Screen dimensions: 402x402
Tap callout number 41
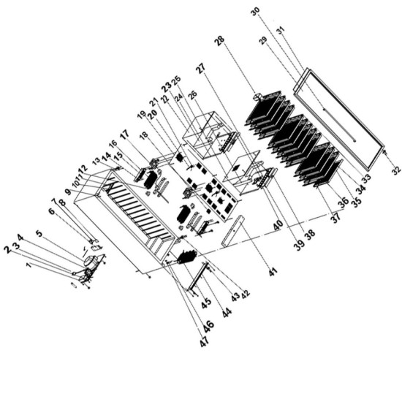tap(273, 271)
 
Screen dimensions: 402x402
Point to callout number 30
tap(254, 12)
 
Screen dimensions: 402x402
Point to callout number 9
tap(67, 191)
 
